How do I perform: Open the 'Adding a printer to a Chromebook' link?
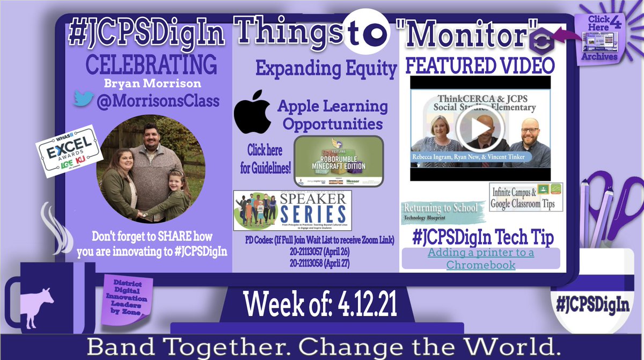coord(480,258)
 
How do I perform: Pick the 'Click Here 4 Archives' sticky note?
coord(599,38)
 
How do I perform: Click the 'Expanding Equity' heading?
coord(326,69)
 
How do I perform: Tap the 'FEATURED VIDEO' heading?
coord(480,66)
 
